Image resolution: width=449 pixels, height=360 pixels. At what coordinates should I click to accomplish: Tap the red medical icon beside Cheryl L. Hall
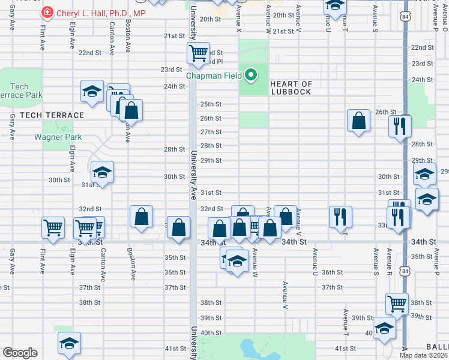tap(47, 13)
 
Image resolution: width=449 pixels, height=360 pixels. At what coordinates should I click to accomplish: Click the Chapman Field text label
tap(214, 76)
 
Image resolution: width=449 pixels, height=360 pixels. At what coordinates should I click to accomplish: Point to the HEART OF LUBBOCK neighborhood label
tap(291, 88)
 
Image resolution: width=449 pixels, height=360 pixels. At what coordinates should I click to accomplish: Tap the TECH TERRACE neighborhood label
tap(52, 115)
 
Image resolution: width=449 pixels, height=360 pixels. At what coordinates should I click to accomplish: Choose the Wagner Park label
tap(58, 137)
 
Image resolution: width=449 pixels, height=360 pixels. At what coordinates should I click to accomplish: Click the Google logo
tap(20, 353)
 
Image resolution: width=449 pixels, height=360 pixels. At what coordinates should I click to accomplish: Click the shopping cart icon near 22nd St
tap(197, 53)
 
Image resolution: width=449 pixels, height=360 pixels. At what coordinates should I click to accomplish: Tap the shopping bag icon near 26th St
tap(358, 121)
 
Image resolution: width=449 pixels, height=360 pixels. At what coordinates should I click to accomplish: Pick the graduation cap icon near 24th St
tap(92, 91)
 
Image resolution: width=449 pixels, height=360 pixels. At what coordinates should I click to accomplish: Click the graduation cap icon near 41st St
tap(69, 343)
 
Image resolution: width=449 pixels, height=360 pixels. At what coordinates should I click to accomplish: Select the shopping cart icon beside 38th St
tap(397, 304)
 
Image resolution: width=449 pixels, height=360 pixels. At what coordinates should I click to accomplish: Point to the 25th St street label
tap(211, 104)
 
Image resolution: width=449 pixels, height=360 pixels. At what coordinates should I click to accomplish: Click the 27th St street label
tap(211, 132)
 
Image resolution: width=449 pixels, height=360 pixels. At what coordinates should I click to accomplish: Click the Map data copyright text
tap(424, 355)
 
